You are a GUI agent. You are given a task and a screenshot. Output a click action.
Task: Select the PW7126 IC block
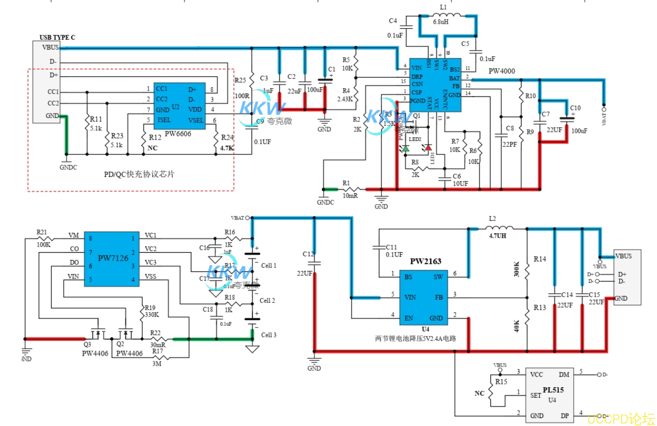[x=114, y=259]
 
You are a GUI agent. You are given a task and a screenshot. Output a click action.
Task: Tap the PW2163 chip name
[x=425, y=261]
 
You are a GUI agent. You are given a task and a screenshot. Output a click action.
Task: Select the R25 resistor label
[x=240, y=80]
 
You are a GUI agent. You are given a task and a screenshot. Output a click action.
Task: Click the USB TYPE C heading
[x=58, y=37]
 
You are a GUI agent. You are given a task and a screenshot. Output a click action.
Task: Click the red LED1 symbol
[x=428, y=148]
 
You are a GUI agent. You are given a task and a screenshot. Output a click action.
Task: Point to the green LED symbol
[x=406, y=148]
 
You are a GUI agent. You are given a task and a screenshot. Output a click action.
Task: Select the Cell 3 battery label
[x=268, y=335]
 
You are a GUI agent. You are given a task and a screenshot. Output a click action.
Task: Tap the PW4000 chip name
[x=502, y=71]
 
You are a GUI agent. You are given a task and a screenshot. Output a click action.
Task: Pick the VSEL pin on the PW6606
[x=195, y=120]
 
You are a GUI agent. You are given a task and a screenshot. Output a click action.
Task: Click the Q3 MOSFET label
[x=87, y=344]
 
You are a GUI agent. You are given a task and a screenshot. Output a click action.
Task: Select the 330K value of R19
[x=151, y=314]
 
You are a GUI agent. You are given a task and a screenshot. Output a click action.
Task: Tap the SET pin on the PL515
[x=536, y=395]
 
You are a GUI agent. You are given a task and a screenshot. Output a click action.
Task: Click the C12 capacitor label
[x=308, y=254]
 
